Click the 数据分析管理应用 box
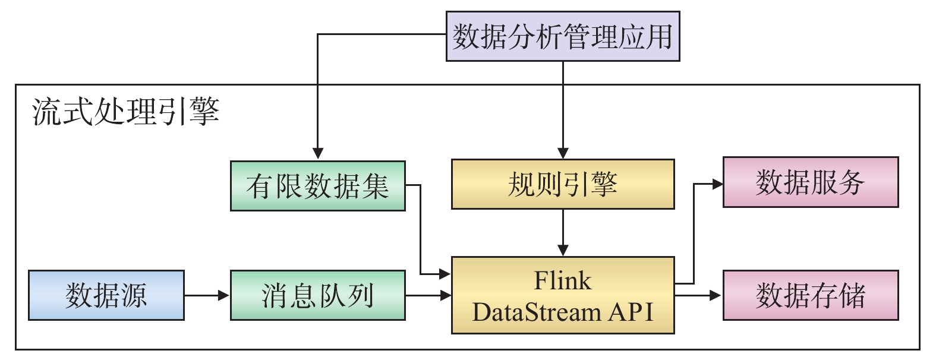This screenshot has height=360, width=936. click(x=562, y=36)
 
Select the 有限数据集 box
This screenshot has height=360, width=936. click(x=317, y=186)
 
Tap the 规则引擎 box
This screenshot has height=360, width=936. click(x=562, y=184)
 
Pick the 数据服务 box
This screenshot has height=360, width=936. click(x=810, y=182)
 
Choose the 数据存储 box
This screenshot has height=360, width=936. click(x=810, y=295)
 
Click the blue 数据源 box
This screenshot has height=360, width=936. click(x=106, y=295)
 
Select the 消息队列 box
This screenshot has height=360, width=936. click(x=317, y=295)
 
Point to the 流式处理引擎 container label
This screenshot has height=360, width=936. click(x=126, y=111)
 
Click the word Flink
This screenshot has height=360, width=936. click(x=562, y=280)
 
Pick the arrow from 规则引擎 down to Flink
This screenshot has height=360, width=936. click(x=563, y=232)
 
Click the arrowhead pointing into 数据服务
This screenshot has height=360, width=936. click(x=717, y=184)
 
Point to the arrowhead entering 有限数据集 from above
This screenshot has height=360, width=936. click(x=318, y=153)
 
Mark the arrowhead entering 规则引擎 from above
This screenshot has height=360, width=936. click(x=563, y=153)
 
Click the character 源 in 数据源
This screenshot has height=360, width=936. click(x=134, y=295)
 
